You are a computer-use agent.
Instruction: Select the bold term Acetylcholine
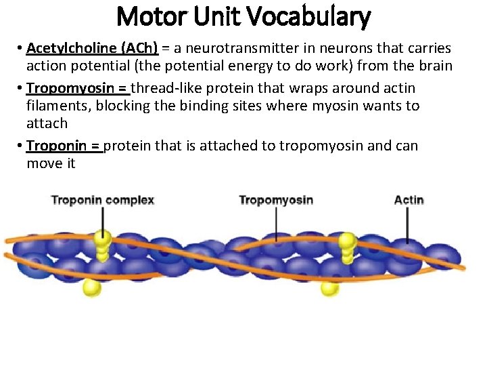coord(71,49)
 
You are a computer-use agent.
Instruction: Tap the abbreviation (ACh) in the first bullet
coord(139,49)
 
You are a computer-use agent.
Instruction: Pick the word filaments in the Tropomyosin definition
coord(50,106)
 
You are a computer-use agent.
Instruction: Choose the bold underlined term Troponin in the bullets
coord(56,146)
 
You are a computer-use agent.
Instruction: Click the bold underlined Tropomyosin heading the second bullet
coord(69,88)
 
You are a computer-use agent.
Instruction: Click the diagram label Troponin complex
coord(103,200)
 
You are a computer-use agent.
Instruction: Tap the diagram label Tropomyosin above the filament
coord(276,200)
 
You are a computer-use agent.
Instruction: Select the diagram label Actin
coord(409,200)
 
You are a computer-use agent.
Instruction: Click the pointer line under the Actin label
coord(408,224)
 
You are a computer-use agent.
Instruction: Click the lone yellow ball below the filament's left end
coord(91,287)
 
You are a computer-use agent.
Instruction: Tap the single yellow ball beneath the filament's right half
coord(330,288)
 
